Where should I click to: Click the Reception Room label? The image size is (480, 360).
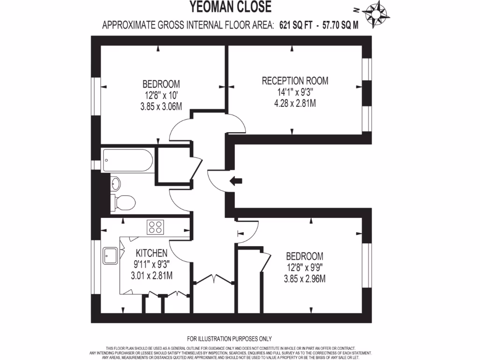click(295, 81)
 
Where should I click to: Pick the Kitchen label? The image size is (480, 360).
click(151, 253)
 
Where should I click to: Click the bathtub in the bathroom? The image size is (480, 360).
click(127, 160)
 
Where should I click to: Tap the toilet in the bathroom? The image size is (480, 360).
click(124, 202)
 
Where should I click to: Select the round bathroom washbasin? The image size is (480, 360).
click(116, 183)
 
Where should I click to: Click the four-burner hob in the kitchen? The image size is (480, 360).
click(155, 227)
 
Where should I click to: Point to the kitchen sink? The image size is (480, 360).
click(111, 256)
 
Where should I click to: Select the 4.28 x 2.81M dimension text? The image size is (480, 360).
click(295, 103)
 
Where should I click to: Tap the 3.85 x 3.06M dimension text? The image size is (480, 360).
click(161, 106)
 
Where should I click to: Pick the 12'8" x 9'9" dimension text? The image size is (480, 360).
click(304, 268)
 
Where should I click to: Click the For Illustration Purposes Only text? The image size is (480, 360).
click(229, 339)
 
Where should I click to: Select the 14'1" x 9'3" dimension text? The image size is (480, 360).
click(295, 92)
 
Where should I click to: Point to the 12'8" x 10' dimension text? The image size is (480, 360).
click(161, 95)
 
